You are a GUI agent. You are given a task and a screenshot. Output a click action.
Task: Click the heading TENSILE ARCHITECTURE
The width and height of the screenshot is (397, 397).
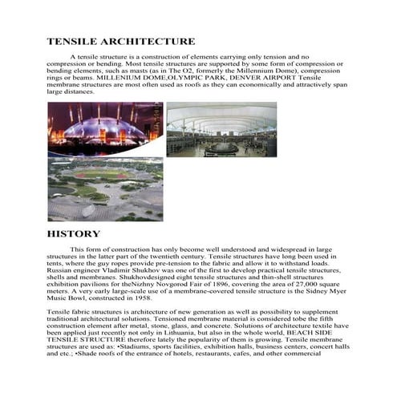point(120,41)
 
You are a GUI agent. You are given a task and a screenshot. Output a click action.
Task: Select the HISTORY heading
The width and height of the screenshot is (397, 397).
point(74,233)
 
